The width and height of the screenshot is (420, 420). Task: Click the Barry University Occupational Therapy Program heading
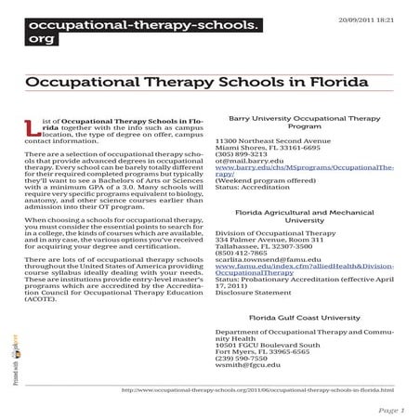305,124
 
